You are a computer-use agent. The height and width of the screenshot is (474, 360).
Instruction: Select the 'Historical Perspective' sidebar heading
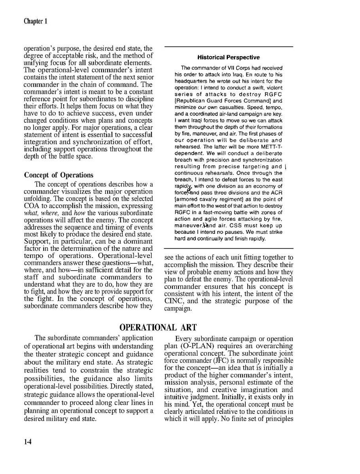pos(228,58)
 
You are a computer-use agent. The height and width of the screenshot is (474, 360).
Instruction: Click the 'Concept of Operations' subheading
pos(59,175)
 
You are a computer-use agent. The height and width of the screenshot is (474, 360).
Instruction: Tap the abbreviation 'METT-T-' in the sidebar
pos(271,147)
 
